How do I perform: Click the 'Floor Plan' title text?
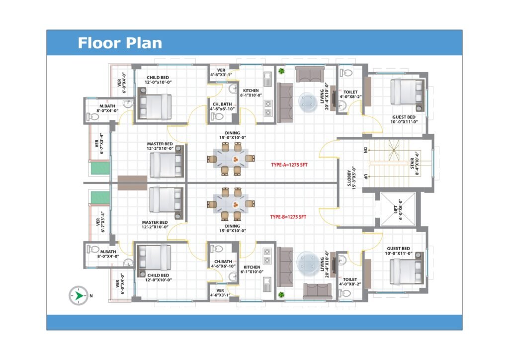[120, 43]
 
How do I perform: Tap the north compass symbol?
[78, 295]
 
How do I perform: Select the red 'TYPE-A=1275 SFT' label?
[289, 165]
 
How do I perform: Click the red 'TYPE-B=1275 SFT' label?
[288, 217]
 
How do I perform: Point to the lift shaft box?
[398, 209]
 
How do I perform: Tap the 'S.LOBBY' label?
[349, 178]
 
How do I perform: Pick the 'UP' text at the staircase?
[366, 176]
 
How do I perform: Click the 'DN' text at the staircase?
[366, 150]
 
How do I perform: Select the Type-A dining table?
[231, 159]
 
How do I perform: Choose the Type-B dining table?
[231, 204]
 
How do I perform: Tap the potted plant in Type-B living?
[281, 295]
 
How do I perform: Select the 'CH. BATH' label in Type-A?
[222, 104]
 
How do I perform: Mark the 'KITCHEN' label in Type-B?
[252, 267]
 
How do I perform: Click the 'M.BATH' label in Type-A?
[107, 106]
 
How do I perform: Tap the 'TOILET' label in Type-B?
[350, 279]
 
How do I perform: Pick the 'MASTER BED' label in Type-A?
[160, 144]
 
